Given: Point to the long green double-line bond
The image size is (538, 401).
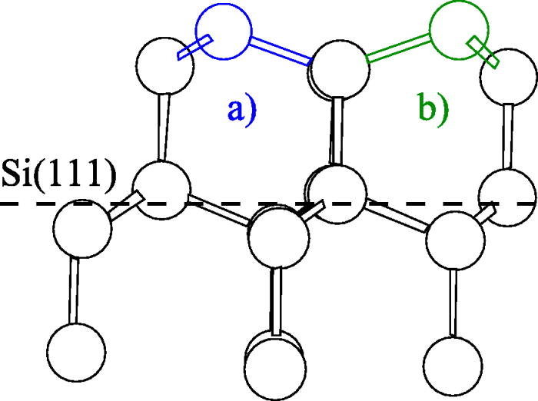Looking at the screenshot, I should pyautogui.click(x=398, y=50).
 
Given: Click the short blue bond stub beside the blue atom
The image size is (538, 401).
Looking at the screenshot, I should pyautogui.click(x=188, y=50).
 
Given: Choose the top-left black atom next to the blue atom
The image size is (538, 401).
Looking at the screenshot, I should pyautogui.click(x=162, y=65).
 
